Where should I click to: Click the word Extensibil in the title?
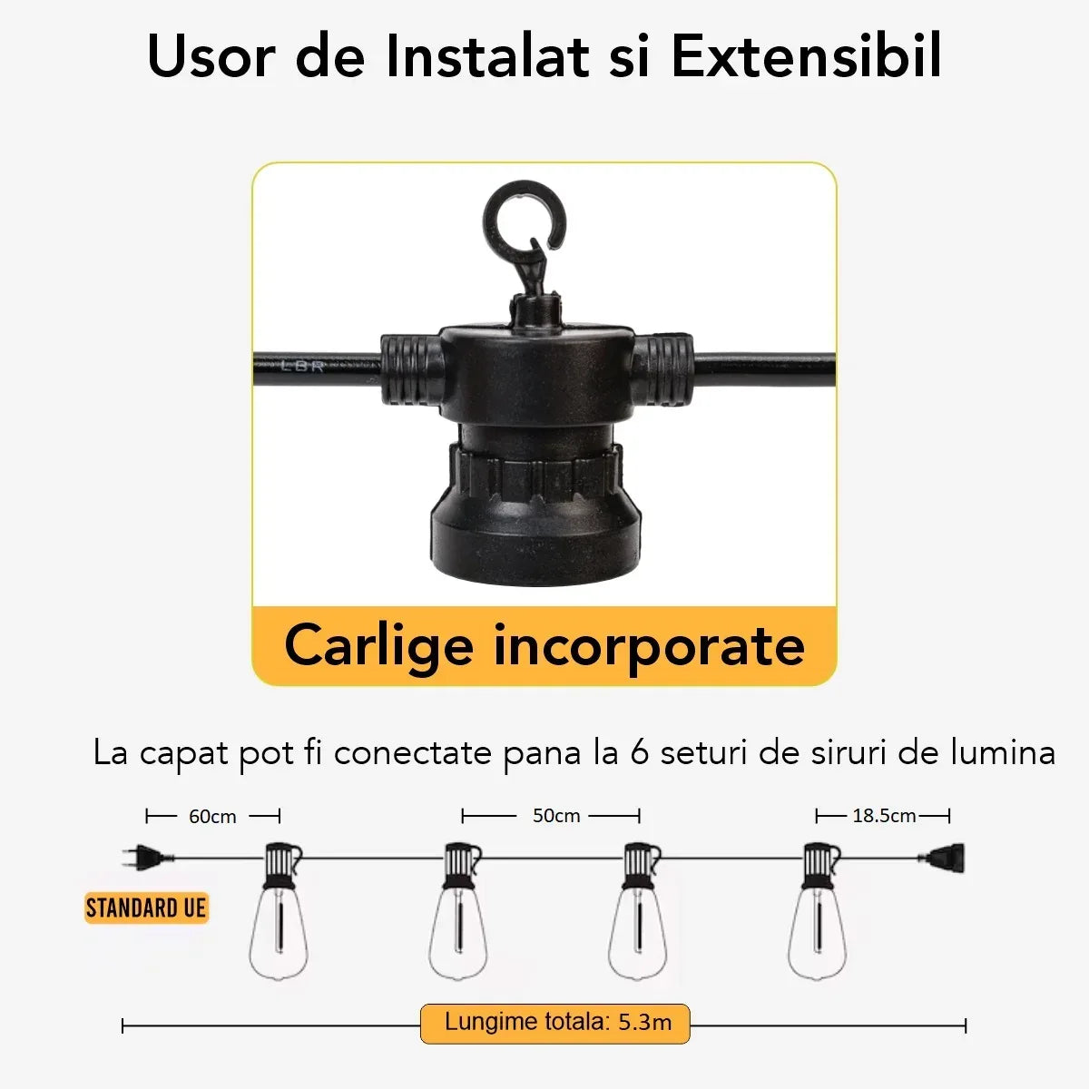point(807,56)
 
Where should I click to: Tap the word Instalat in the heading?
point(487,56)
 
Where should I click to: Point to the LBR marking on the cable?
point(302,367)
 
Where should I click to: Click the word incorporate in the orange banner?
point(650,646)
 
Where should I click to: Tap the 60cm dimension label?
point(212,817)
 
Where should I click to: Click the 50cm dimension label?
point(556,816)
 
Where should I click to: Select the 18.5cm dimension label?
point(884,816)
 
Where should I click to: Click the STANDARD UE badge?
point(146,908)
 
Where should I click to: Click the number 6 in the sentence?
point(639,752)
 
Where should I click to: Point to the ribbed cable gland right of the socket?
point(662,369)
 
